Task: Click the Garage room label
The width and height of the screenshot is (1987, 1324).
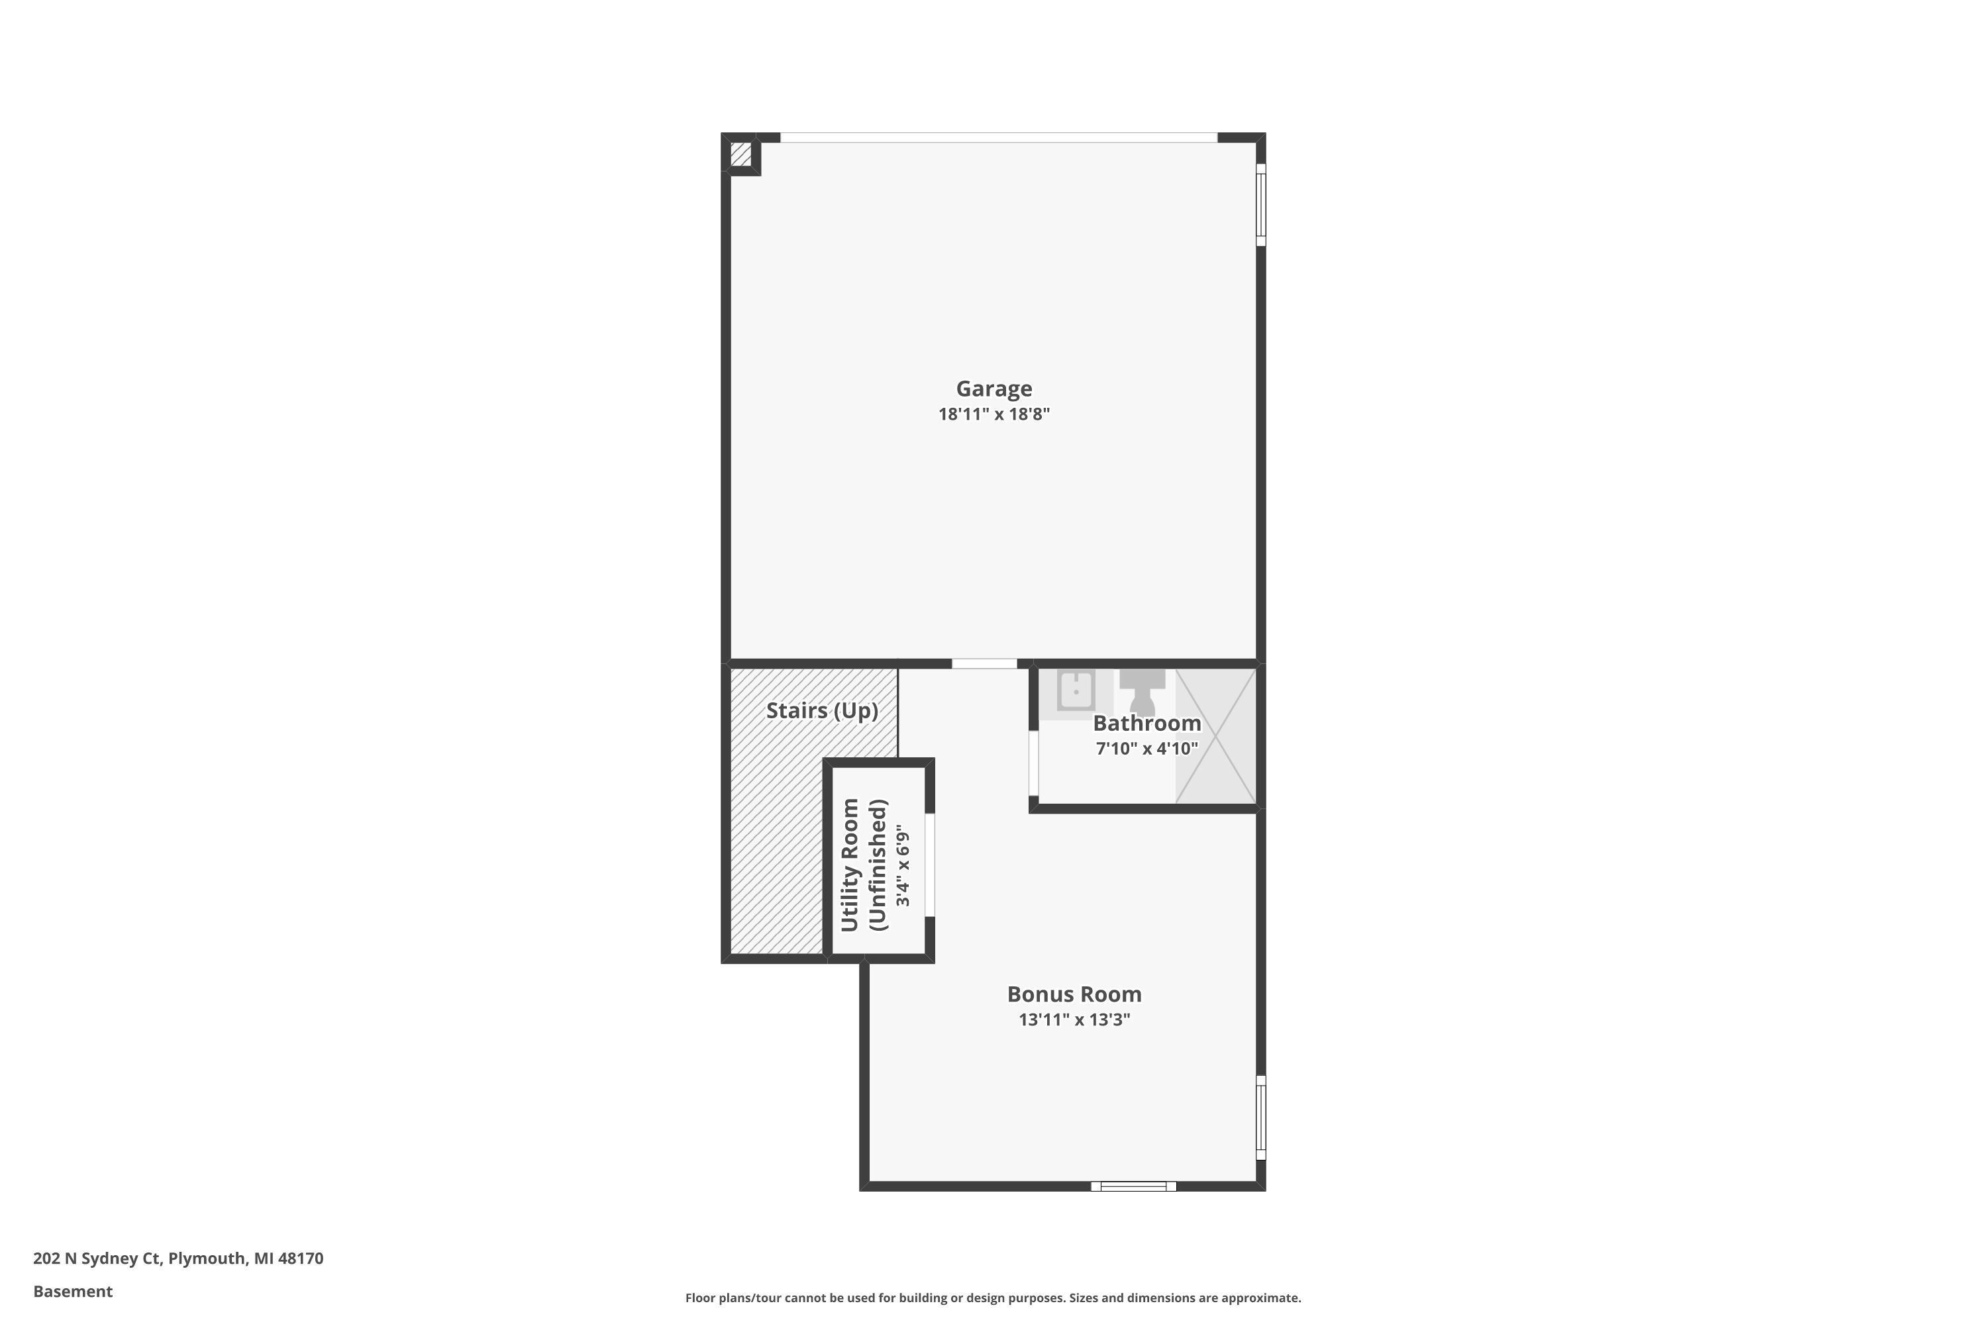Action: [x=993, y=389]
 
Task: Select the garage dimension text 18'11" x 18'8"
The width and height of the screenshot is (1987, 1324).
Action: [x=993, y=414]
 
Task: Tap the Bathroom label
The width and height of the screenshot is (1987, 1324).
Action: [x=1146, y=724]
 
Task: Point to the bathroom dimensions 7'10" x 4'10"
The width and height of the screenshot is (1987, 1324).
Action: [x=1146, y=749]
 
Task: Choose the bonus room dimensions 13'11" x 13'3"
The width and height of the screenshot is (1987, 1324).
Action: [x=1074, y=1020]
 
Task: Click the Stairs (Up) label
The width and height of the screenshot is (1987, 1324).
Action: [x=821, y=711]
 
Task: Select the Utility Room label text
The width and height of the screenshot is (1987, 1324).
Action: [x=850, y=865]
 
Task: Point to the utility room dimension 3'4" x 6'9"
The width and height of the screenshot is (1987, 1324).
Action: [x=903, y=865]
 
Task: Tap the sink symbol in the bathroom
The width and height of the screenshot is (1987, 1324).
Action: [x=1076, y=690]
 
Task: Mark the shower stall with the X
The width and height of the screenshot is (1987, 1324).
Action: [x=1215, y=736]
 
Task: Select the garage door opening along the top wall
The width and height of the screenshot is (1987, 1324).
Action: [x=999, y=138]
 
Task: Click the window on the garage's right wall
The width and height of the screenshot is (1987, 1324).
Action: [x=1260, y=205]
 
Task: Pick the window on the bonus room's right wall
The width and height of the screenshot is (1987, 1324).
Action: [x=1260, y=1117]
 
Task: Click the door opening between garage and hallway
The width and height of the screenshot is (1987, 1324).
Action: [x=984, y=664]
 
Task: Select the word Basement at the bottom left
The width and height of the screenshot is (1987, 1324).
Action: [x=73, y=1291]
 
